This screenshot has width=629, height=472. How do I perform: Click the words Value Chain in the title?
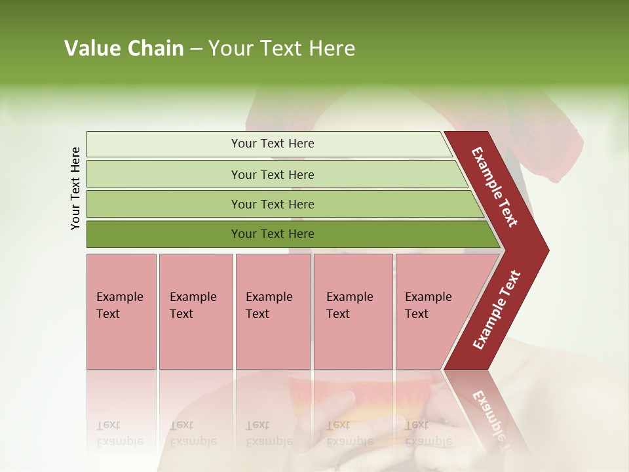coord(124,49)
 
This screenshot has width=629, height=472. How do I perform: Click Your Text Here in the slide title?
coord(282,49)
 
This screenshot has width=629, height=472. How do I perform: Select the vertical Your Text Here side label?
coord(75,188)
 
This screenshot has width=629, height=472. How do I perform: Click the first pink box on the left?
coord(121,311)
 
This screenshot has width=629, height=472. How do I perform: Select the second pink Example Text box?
coord(195,311)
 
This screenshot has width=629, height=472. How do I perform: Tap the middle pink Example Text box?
coord(273,311)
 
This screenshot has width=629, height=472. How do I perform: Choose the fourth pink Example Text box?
coord(353,311)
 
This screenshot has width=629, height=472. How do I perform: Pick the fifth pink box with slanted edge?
coord(432,311)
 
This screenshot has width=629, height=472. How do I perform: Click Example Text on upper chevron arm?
coord(495,187)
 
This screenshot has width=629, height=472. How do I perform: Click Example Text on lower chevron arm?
coord(497,309)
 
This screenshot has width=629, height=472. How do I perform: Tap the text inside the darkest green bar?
coord(273,234)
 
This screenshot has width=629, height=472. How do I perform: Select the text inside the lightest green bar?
coord(273,144)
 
